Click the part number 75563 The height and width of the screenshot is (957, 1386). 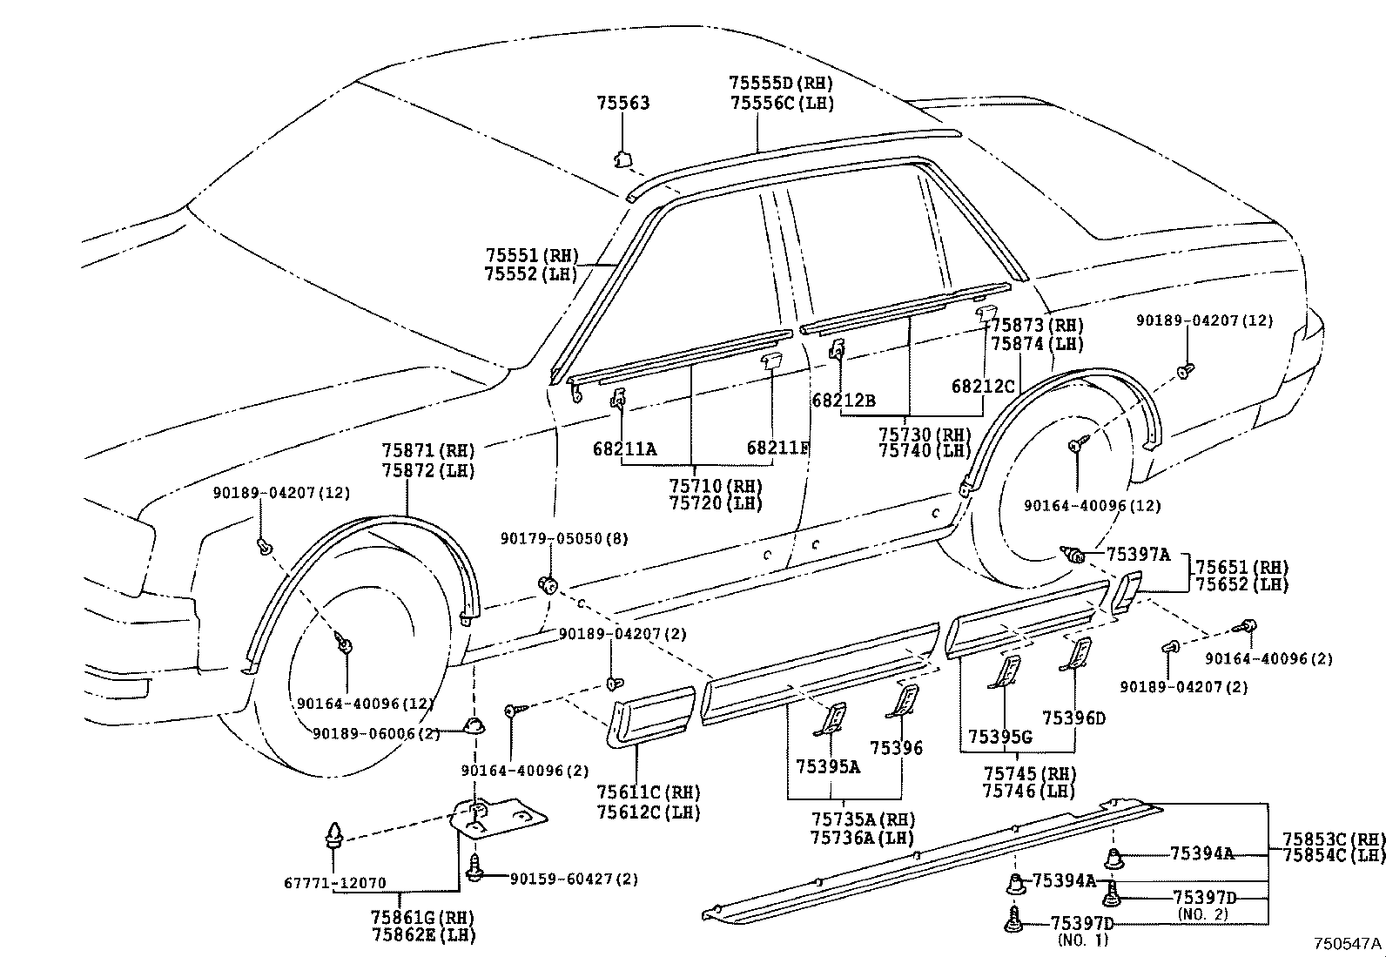tap(622, 103)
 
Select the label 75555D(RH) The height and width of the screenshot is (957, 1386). tap(781, 84)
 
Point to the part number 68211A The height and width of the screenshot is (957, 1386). tap(624, 448)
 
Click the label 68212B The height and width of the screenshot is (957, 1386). tap(843, 401)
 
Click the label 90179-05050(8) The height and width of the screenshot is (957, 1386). tap(563, 539)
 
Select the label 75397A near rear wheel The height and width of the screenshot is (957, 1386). tap(1138, 555)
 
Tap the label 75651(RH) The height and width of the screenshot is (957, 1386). tap(1241, 567)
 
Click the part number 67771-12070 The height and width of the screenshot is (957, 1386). tap(334, 883)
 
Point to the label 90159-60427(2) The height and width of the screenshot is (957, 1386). tap(574, 879)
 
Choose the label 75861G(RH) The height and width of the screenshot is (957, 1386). tap(424, 917)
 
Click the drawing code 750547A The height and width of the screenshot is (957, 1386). tap(1348, 943)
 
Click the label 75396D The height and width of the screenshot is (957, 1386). tap(1073, 718)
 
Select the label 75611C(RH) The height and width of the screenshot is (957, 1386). tap(649, 792)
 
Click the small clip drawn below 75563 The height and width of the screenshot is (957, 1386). tap(622, 158)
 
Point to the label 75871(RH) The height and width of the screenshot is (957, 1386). tap(428, 451)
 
